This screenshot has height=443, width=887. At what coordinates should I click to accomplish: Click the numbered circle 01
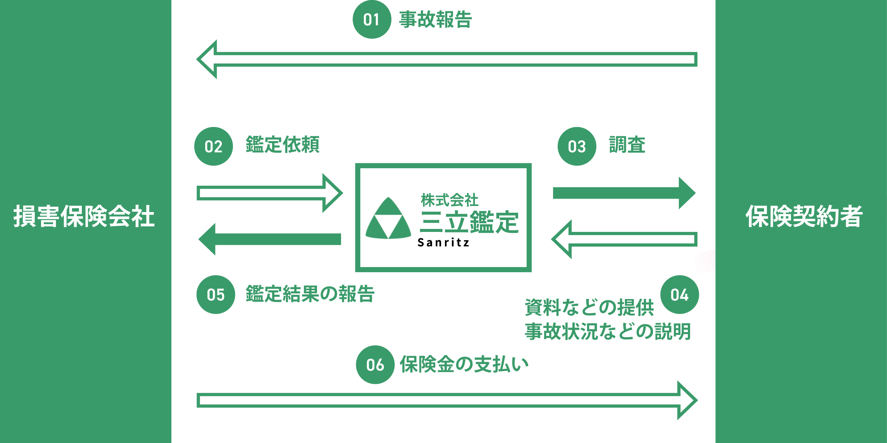[371, 19]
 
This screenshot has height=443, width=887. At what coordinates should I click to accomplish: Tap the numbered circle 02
[214, 146]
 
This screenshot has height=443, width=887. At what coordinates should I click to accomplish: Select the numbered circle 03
[577, 146]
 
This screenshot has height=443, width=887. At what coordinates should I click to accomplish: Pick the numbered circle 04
[679, 295]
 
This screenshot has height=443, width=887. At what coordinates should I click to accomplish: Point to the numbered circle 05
[215, 295]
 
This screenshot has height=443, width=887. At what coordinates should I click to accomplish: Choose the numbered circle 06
[375, 364]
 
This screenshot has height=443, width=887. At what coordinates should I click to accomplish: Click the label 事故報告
[436, 19]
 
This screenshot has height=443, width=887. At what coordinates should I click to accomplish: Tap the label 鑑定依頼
[282, 144]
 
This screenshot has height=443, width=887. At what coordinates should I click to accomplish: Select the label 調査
[627, 144]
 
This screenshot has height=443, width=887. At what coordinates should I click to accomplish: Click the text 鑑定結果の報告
[310, 294]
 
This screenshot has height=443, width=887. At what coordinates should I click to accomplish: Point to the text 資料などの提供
[589, 307]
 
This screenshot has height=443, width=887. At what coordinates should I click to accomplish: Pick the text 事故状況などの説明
[608, 331]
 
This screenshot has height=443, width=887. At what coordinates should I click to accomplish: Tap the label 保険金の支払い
[464, 364]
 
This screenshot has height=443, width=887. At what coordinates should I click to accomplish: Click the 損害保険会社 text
[84, 216]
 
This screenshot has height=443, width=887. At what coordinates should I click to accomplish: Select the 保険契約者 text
[804, 216]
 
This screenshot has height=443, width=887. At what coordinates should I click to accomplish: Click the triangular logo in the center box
[388, 218]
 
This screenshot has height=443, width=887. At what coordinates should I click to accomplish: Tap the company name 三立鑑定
[469, 222]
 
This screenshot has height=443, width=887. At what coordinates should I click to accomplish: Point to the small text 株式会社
[449, 200]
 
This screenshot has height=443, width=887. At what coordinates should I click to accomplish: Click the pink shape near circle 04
[704, 262]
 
